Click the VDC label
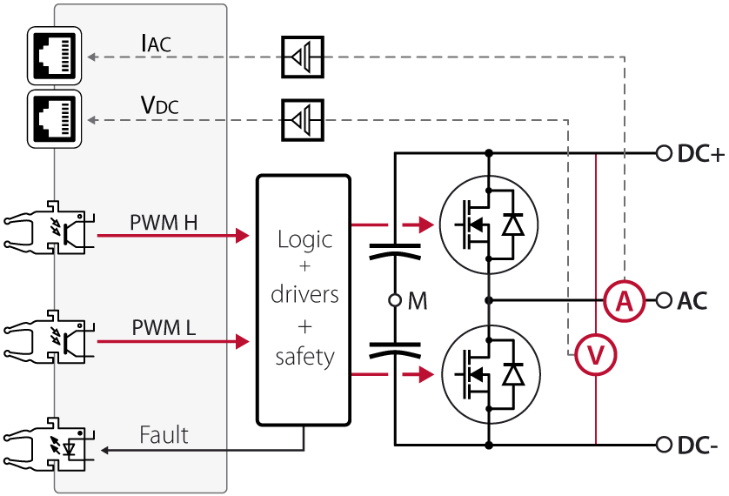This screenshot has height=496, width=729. tap(159, 105)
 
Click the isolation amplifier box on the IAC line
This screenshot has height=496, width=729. tap(303, 57)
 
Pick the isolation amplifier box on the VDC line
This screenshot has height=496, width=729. tap(303, 120)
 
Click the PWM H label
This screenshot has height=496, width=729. tap(164, 223)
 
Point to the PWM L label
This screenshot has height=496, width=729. tap(164, 328)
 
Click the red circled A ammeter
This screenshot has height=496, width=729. tap(624, 301)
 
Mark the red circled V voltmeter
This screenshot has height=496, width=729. tap(596, 355)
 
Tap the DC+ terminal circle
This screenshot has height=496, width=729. tap(664, 154)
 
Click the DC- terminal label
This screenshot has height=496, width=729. tap(698, 446)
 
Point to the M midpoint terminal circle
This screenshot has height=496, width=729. tap(395, 301)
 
